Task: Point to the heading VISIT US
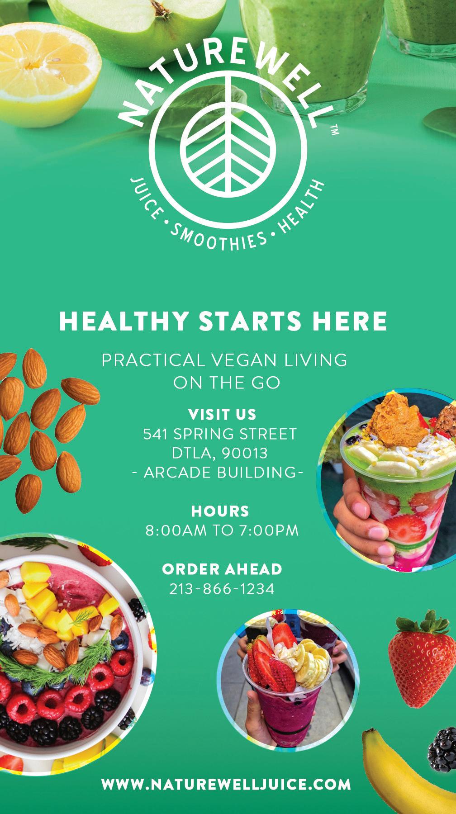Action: click(x=222, y=414)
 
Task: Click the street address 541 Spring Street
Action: click(x=220, y=434)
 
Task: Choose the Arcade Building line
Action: click(x=218, y=473)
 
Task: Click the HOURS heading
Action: click(x=220, y=511)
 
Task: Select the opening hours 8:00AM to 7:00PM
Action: click(x=222, y=530)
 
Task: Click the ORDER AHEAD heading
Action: click(x=222, y=569)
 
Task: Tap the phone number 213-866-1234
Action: click(x=222, y=589)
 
